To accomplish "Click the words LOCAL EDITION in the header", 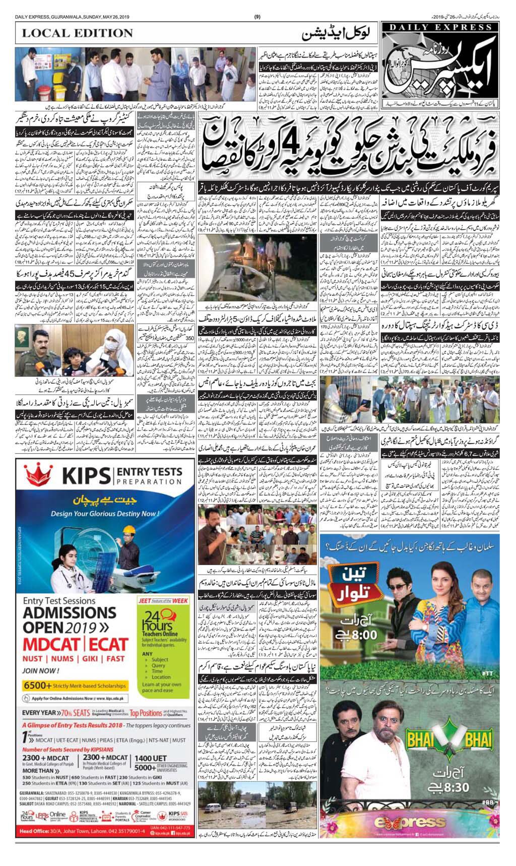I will point(77,33).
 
